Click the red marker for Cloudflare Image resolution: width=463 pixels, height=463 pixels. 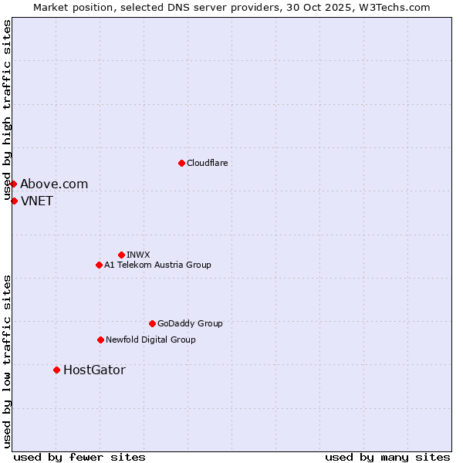point(181,163)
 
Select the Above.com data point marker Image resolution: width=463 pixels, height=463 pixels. point(13,184)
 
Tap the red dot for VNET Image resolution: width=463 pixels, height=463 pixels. point(14,201)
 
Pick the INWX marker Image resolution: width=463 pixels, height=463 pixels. point(121,255)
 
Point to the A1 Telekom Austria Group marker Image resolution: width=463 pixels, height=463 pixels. point(99,265)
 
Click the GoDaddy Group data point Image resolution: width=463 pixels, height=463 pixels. point(152,323)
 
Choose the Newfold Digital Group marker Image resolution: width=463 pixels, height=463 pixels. point(100,340)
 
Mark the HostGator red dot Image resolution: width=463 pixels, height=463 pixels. point(56,370)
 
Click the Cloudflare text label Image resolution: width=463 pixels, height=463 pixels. point(207,163)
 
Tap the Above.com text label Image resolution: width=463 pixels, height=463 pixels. point(54,184)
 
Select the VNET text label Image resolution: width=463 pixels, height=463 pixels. point(37,201)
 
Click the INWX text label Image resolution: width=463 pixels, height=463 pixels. point(138,255)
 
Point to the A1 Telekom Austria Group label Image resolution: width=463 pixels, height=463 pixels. point(157,265)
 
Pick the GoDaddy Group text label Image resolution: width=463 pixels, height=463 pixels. point(190,323)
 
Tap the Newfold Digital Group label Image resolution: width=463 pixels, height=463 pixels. point(150,340)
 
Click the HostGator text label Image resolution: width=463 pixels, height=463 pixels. point(94,370)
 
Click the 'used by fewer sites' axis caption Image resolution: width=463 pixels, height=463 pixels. point(79,457)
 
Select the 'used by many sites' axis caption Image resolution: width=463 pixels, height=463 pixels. point(387,457)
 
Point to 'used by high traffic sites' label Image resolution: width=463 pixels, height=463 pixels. point(8,110)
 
